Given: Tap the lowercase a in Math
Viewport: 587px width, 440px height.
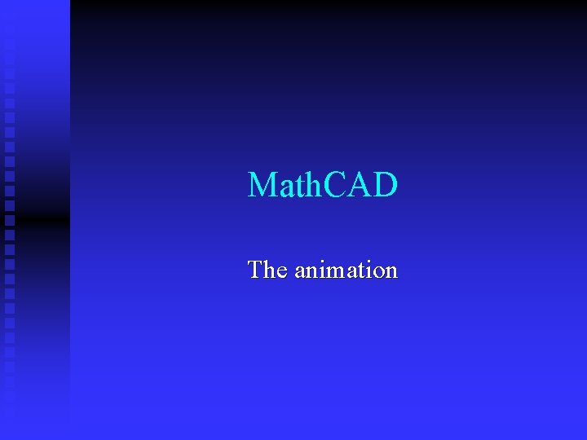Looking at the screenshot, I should (285, 188).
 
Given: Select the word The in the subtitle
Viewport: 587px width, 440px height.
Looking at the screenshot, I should (267, 269).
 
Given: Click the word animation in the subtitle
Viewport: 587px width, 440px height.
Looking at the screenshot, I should (346, 270).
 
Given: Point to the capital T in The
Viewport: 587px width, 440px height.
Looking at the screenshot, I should (256, 269).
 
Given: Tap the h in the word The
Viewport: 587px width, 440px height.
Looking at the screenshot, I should (269, 269).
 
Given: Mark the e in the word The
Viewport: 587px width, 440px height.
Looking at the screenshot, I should (281, 272).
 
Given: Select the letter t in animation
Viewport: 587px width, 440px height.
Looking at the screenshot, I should (359, 271).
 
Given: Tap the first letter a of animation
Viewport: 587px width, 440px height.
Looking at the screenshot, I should (299, 272).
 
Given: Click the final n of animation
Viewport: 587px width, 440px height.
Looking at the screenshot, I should (391, 272).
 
